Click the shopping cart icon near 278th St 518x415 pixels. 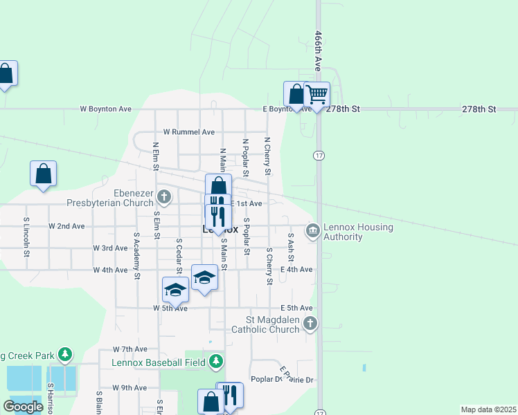[317, 93]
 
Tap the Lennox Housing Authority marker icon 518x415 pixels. [312, 230]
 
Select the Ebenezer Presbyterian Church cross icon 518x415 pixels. [164, 196]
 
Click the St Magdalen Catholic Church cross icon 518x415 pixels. [310, 322]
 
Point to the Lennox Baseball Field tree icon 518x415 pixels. [217, 361]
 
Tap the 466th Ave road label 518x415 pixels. [319, 50]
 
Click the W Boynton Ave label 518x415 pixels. [105, 109]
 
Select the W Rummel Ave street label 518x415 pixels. [188, 132]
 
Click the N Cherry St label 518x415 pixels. [267, 155]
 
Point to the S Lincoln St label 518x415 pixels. [26, 238]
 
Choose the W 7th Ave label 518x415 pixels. [130, 349]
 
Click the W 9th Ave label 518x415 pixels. [129, 388]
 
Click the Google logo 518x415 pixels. [23, 407]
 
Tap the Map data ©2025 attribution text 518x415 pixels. [488, 409]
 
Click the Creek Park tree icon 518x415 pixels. [65, 355]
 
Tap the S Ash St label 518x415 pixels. [290, 247]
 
